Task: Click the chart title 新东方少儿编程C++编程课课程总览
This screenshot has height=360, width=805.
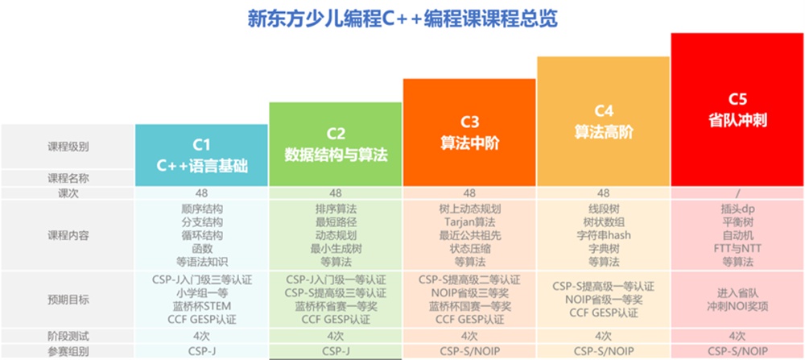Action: (x=402, y=19)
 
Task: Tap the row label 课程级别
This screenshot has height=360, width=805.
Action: (x=68, y=147)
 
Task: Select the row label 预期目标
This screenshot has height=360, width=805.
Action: (x=68, y=300)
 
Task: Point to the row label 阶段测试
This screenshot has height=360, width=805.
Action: (x=68, y=337)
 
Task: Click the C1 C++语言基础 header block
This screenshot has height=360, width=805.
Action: (x=202, y=155)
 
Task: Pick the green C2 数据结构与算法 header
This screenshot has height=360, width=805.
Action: (x=336, y=144)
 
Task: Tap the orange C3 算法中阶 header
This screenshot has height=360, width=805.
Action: (x=470, y=133)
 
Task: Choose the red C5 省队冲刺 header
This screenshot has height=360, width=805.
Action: (x=737, y=110)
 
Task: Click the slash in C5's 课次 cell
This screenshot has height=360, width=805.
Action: (x=737, y=193)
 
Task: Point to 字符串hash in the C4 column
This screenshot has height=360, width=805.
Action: (x=603, y=236)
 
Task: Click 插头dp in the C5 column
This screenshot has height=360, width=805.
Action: (x=737, y=209)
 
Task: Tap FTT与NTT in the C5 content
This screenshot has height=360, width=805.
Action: (x=737, y=249)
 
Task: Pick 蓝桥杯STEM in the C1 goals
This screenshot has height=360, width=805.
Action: (x=202, y=306)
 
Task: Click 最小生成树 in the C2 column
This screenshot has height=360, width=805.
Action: (x=336, y=249)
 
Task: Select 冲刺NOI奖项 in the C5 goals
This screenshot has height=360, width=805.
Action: (x=737, y=307)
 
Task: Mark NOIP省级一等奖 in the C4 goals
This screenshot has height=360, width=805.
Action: (x=603, y=300)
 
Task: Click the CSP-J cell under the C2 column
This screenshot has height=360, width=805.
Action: (x=336, y=352)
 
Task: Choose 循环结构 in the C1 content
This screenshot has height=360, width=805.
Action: (x=202, y=236)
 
